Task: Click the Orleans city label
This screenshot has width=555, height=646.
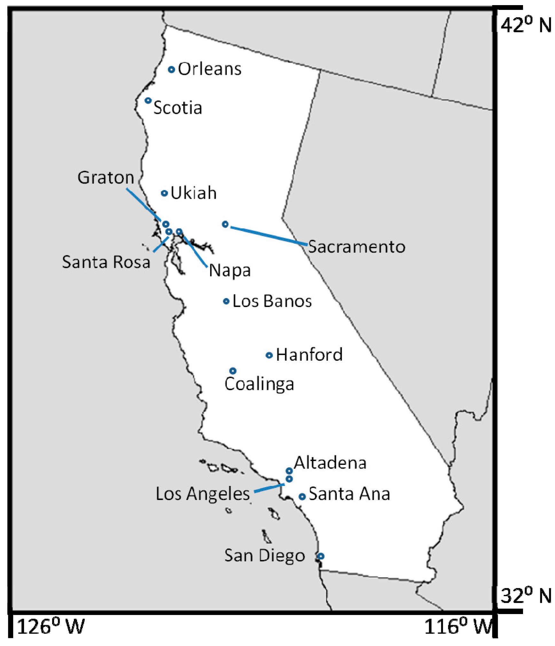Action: (x=209, y=69)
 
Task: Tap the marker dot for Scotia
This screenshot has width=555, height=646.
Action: (x=148, y=101)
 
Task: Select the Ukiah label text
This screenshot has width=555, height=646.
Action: (x=193, y=193)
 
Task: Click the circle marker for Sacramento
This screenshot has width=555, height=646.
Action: (x=225, y=224)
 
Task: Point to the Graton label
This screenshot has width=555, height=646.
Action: (x=106, y=177)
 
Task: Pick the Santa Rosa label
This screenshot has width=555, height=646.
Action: (x=106, y=262)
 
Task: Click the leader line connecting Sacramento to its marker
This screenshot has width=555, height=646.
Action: (x=269, y=236)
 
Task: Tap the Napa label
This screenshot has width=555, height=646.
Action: (x=230, y=271)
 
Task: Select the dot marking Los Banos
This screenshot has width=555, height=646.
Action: (x=226, y=301)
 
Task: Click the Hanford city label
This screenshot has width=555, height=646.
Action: (x=309, y=355)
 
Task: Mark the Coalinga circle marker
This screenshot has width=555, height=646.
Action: (x=233, y=371)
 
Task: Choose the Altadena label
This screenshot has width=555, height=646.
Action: (x=330, y=463)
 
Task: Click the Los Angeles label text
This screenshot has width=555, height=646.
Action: (x=203, y=494)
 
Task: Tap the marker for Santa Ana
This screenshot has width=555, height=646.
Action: (x=302, y=497)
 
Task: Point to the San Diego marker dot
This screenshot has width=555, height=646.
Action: (x=321, y=556)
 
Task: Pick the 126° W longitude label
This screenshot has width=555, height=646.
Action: (x=51, y=627)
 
